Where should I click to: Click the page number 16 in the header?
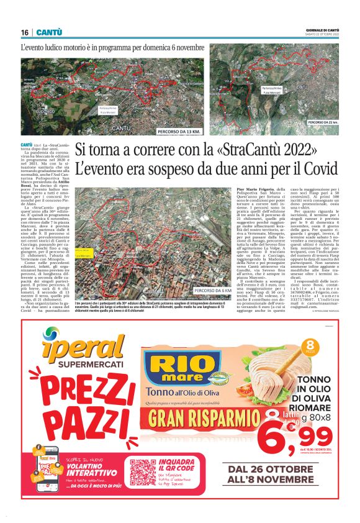click(x=25, y=32)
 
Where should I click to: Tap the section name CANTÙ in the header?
click(x=48, y=32)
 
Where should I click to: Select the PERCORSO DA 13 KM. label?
click(x=179, y=132)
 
